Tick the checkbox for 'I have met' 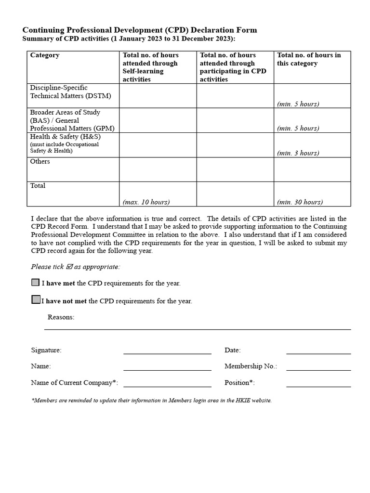(35, 283)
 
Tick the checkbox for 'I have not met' (36, 299)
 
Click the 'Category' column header (45, 55)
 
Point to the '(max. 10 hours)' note (146, 202)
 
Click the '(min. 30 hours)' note (300, 202)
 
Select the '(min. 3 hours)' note (298, 153)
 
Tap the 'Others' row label (40, 162)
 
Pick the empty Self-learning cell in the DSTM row (158, 96)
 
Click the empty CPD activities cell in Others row (235, 169)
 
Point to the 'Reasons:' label (61, 317)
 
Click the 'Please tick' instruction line (76, 267)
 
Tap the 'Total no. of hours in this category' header (309, 59)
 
